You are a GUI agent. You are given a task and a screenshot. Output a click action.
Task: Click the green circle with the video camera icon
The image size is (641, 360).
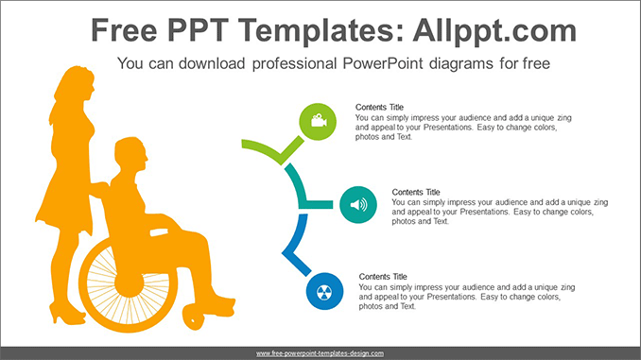pyautogui.click(x=318, y=122)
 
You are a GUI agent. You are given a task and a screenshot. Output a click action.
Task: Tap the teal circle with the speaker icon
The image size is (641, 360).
pyautogui.click(x=358, y=205)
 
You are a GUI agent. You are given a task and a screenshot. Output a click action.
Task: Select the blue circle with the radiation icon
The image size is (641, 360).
pyautogui.click(x=324, y=291)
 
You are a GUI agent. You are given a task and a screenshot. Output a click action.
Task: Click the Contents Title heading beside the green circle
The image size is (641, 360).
pyautogui.click(x=379, y=107)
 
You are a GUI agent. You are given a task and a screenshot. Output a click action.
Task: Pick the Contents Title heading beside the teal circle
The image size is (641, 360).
pyautogui.click(x=416, y=192)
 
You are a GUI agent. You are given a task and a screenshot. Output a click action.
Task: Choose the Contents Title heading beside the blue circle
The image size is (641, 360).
pyautogui.click(x=383, y=277)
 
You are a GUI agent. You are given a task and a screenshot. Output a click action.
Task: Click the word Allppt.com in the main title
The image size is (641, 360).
pyautogui.click(x=494, y=31)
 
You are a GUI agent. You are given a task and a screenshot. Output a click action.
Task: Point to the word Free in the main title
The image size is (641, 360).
pyautogui.click(x=124, y=30)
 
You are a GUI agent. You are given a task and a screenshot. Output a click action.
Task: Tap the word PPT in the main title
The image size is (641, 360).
pyautogui.click(x=198, y=30)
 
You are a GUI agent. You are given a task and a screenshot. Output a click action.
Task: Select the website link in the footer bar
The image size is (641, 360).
pyautogui.click(x=320, y=353)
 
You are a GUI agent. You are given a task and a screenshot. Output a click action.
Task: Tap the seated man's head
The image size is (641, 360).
pyautogui.click(x=130, y=155)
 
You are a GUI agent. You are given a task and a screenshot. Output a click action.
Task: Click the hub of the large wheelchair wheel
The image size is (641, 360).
pyautogui.click(x=130, y=283)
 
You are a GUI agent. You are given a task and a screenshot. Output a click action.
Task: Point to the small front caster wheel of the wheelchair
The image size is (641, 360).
pyautogui.click(x=194, y=317)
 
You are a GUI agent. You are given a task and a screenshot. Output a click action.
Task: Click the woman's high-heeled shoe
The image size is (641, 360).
pyautogui.click(x=66, y=315)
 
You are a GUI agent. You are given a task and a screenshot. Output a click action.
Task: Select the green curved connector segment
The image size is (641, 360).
pyautogui.click(x=272, y=150)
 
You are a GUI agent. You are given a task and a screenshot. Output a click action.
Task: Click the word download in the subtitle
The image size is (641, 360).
pyautogui.click(x=212, y=63)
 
